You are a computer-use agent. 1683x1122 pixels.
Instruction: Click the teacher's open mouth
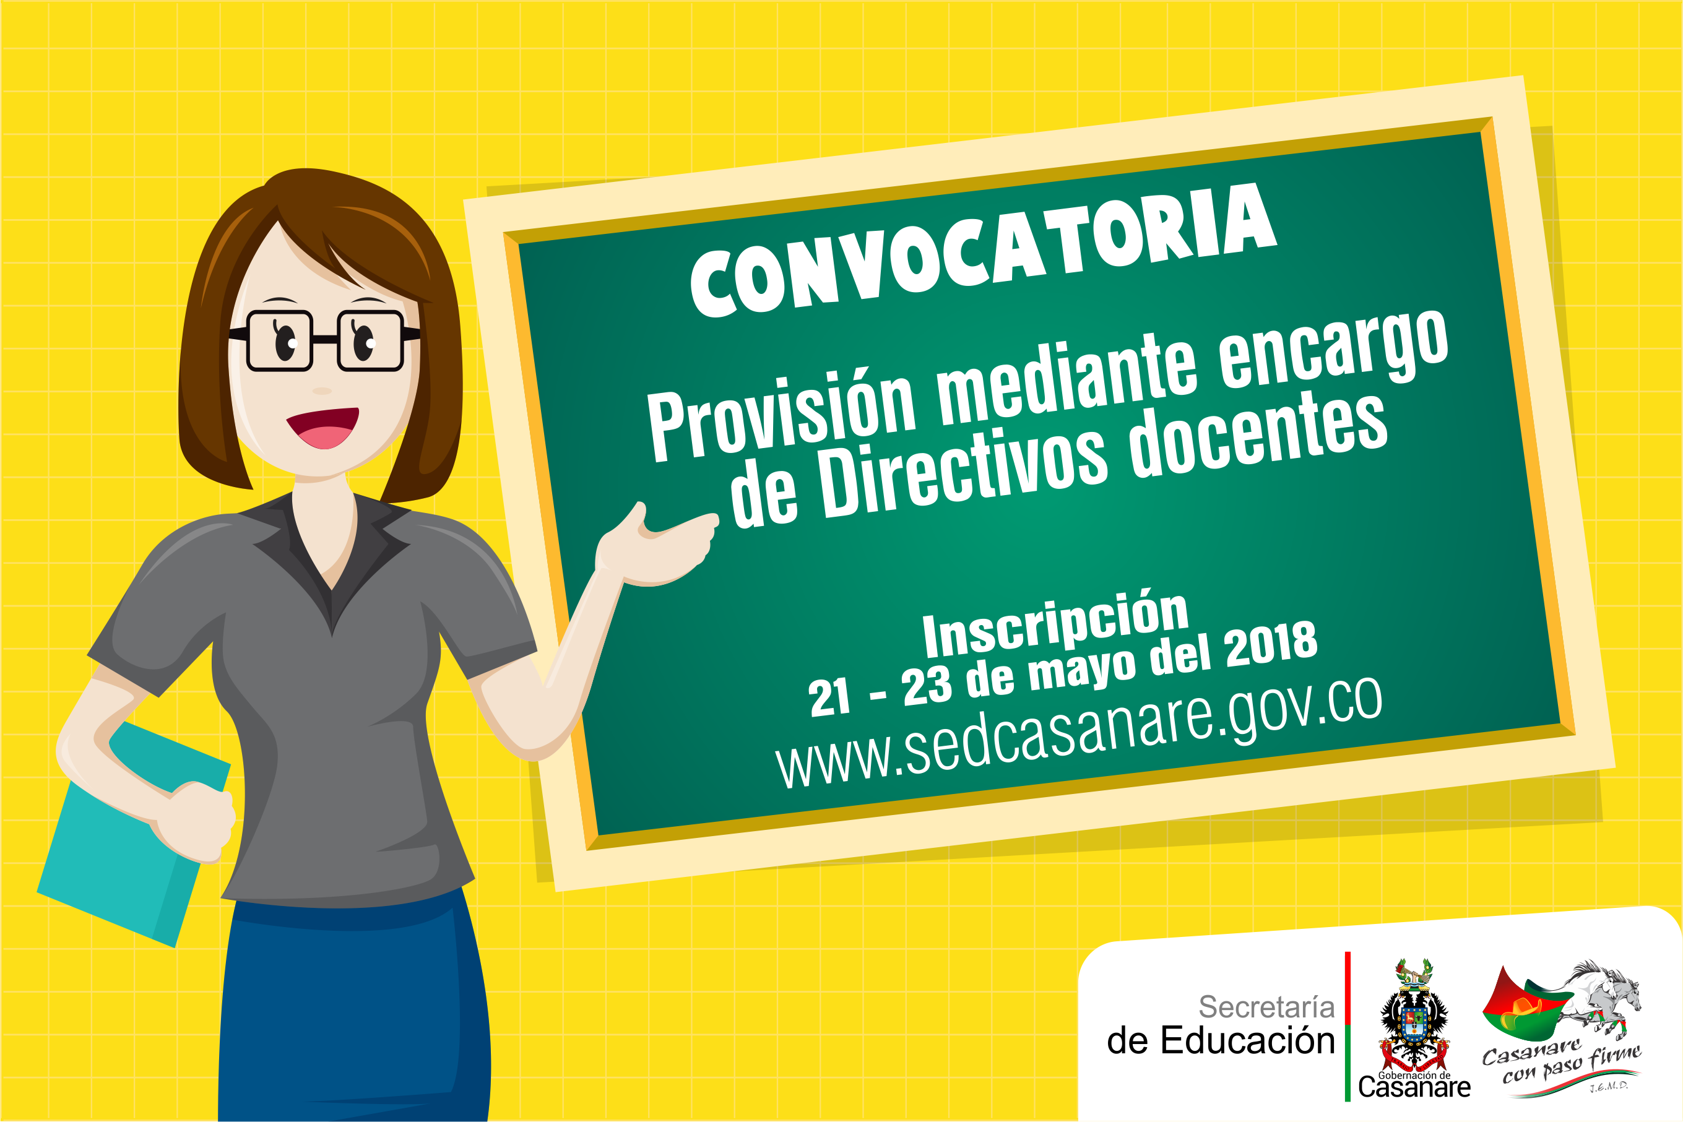click(x=322, y=427)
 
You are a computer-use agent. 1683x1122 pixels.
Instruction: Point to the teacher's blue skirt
click(x=353, y=1009)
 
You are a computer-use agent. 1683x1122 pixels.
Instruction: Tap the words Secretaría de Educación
click(x=1221, y=1024)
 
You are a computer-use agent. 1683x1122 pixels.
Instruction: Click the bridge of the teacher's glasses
click(x=325, y=339)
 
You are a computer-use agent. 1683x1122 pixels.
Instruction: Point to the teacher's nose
click(x=322, y=391)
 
